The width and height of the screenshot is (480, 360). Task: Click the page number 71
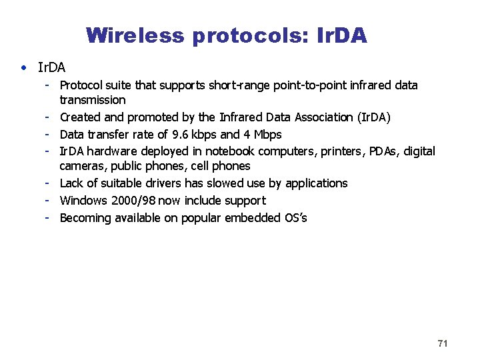point(443,343)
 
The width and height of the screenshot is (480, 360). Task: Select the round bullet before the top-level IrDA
point(24,68)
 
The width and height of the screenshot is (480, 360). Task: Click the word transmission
point(93,100)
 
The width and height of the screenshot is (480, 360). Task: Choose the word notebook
point(230,151)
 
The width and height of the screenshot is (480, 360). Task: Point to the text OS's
point(295,218)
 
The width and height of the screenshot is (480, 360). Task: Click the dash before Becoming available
point(48,217)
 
